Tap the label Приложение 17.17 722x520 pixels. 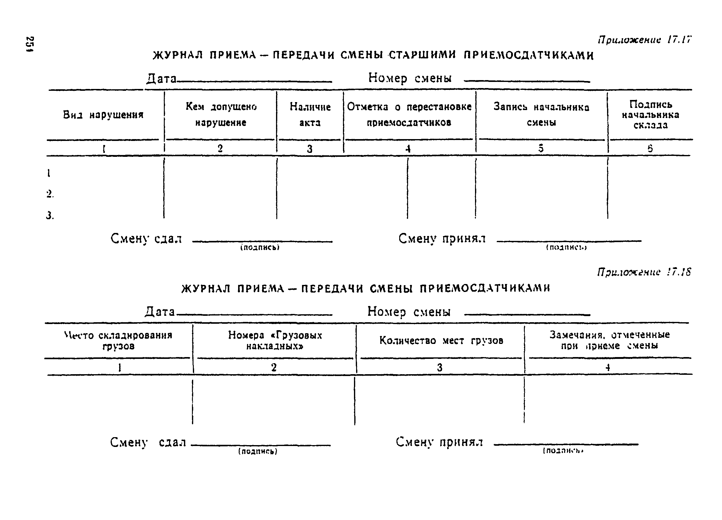644,40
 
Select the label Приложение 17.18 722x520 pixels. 644,272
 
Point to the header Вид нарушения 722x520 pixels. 103,115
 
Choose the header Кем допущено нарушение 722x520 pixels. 221,114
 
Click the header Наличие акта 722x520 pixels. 310,115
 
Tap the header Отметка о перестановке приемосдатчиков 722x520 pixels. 409,115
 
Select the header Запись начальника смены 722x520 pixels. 541,115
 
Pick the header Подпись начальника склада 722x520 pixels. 650,115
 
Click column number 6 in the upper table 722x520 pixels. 650,148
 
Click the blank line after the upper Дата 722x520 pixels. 255,82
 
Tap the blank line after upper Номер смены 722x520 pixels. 527,82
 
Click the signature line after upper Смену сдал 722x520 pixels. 262,242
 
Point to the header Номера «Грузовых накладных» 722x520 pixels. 275,341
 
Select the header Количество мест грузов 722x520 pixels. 441,341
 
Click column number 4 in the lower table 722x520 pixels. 608,367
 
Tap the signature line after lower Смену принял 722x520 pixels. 566,444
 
